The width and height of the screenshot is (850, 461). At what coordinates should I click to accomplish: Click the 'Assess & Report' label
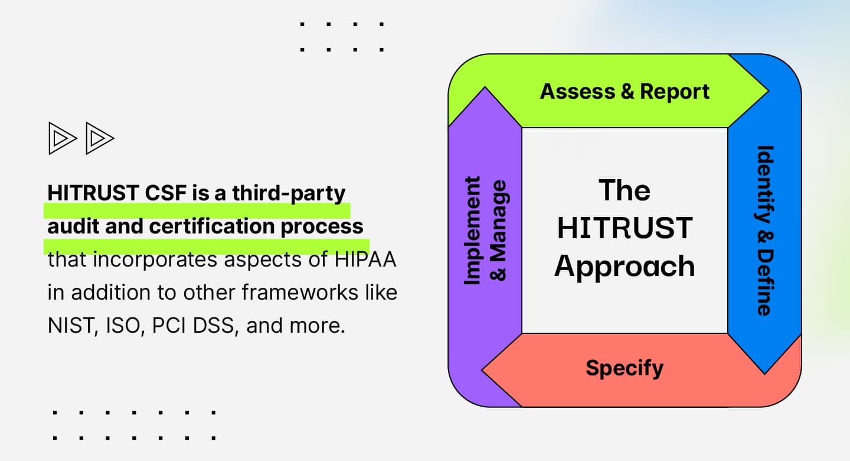coord(625,92)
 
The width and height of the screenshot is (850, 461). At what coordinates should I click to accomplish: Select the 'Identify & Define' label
coord(764,230)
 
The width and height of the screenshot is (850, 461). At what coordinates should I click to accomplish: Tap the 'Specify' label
coord(625,368)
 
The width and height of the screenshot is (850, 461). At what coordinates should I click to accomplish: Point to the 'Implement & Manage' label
coord(485,230)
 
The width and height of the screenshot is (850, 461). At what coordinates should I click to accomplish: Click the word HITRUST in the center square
coord(625,229)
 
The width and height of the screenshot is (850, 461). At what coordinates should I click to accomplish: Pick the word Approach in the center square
coord(625,267)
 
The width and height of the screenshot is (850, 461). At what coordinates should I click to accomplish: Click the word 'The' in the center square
coord(625,190)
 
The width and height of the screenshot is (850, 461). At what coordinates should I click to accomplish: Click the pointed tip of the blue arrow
coord(765,372)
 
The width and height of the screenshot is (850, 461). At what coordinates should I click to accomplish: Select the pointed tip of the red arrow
coord(483,371)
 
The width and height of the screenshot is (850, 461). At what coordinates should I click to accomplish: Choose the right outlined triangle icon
coord(99,138)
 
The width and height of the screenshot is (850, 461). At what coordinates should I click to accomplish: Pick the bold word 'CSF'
coord(165,193)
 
